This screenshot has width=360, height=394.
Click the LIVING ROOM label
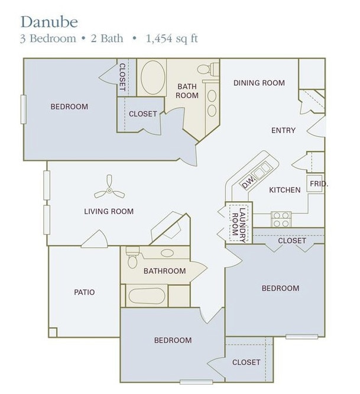109,211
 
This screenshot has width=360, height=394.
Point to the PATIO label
85,292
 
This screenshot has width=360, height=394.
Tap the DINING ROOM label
259,83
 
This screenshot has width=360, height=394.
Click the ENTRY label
283,130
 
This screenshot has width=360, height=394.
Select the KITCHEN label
285,190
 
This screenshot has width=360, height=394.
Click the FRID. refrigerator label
317,184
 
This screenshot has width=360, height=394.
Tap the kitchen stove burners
280,219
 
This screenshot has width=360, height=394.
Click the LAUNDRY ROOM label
239,223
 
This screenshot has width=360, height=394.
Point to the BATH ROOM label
187,91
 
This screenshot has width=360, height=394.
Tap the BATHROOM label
164,271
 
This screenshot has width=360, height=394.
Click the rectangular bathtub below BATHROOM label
144,296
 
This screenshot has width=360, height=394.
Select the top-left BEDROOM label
69,106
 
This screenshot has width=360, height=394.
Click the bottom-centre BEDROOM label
173,340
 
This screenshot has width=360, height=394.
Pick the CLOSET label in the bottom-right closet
246,362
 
